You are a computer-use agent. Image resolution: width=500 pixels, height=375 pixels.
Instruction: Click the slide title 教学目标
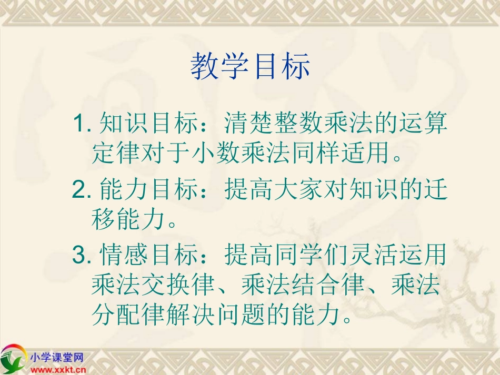(x=250, y=67)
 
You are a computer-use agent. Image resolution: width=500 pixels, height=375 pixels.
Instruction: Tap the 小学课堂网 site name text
(x=57, y=358)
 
